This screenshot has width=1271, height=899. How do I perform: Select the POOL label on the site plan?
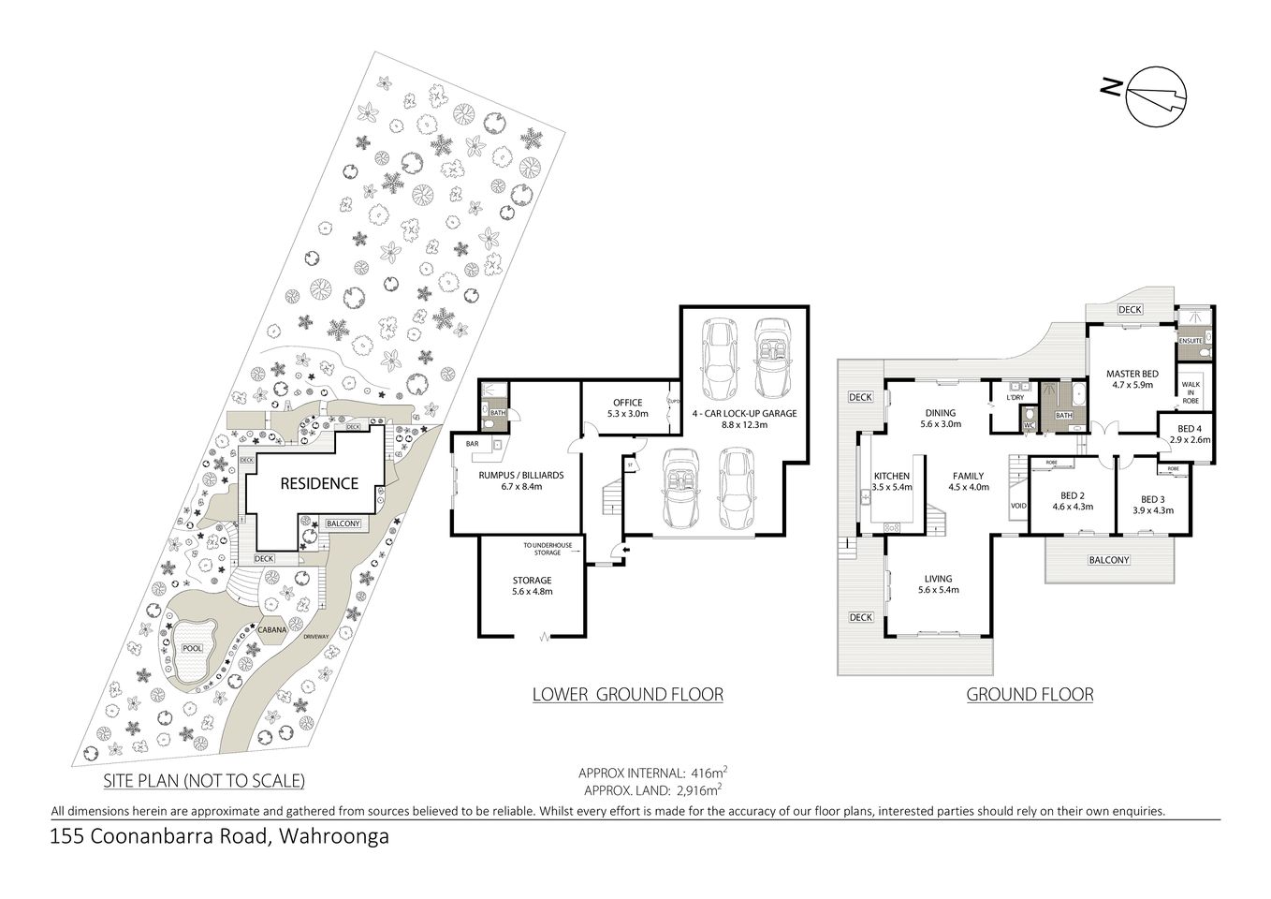192,648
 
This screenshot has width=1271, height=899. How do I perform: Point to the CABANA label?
272,630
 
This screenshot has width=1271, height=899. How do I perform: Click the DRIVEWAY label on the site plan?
316,637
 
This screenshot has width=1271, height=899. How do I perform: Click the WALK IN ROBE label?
1190,391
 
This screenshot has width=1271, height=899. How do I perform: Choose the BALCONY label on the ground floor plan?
1109,560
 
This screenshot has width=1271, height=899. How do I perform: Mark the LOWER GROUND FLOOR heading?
627,694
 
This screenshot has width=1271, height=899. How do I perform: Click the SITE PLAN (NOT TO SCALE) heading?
204,780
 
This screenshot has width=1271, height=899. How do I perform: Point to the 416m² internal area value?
708,774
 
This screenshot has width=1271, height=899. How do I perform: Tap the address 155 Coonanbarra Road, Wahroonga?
219,836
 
